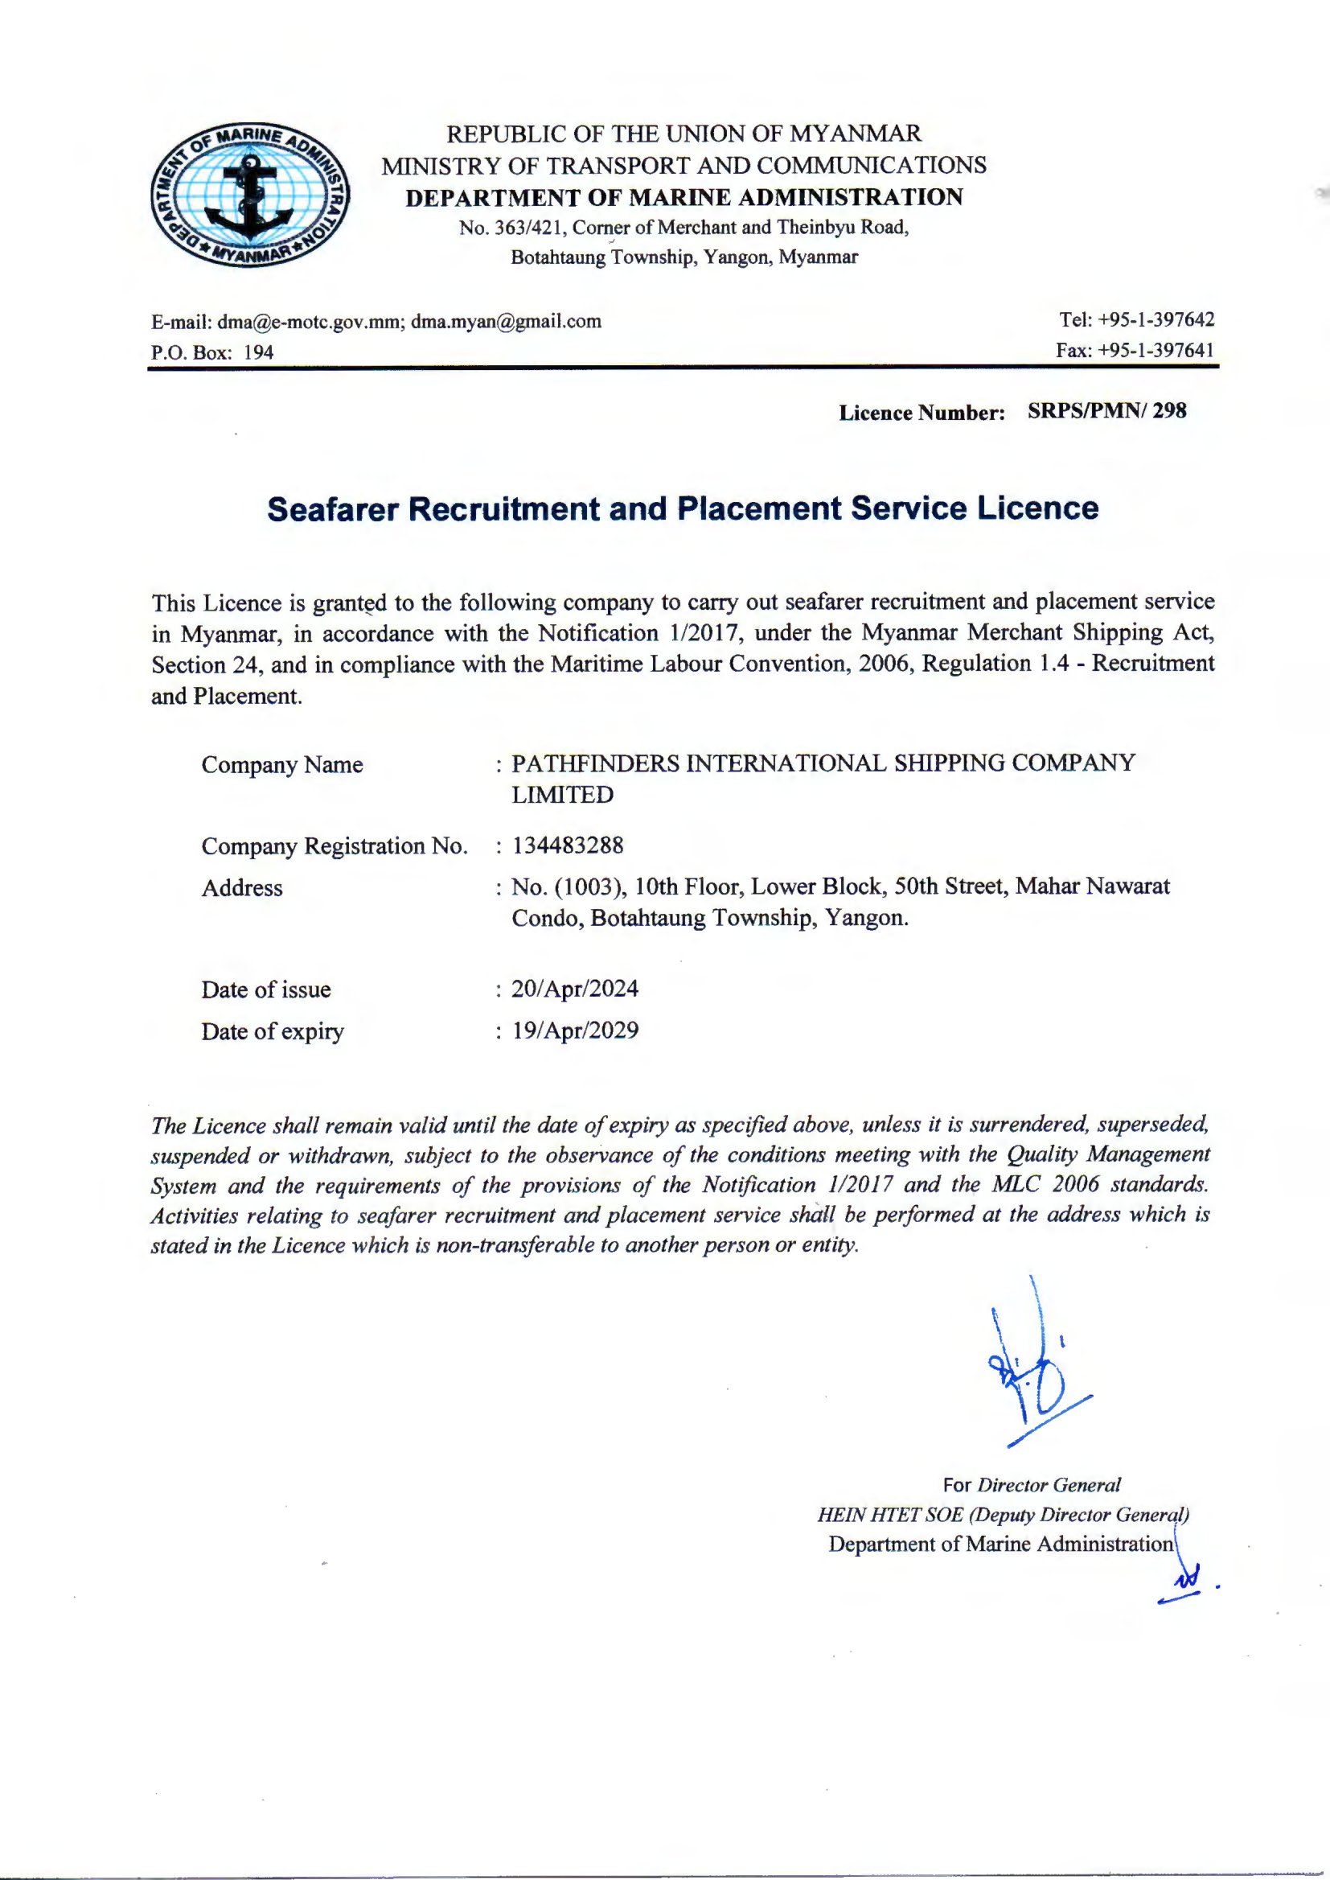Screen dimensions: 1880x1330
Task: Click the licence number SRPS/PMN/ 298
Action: click(1106, 411)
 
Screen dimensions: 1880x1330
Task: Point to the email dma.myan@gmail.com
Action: click(506, 321)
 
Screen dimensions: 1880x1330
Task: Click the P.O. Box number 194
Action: click(259, 352)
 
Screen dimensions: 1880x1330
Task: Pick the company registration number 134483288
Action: click(568, 845)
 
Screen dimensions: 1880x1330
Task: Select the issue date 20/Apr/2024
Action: click(575, 989)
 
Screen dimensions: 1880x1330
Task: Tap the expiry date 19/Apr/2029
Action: click(575, 1031)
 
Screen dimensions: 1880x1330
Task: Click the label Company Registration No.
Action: click(335, 846)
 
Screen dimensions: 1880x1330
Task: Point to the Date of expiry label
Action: click(273, 1031)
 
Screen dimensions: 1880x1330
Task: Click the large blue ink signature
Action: click(1032, 1376)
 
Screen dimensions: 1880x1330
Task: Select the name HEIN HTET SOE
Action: click(890, 1515)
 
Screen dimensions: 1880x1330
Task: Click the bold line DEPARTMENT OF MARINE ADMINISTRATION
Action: click(683, 197)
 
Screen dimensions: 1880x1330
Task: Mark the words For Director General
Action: click(1031, 1485)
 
